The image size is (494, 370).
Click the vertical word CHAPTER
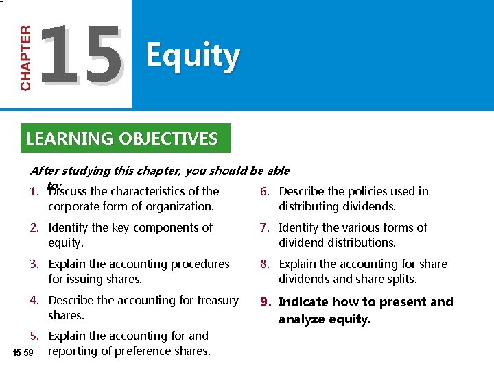tap(25, 58)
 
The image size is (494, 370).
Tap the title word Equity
tap(193, 56)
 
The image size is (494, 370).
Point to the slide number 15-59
tap(22, 352)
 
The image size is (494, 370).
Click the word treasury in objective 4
tap(215, 300)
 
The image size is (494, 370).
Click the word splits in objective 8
tap(400, 279)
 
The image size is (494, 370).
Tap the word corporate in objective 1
tap(75, 206)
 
